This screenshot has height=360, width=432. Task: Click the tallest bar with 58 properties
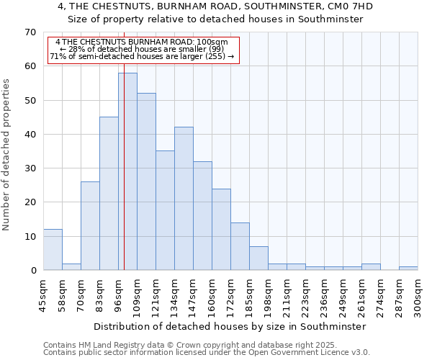coord(127,171)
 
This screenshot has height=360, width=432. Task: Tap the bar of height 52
coord(146,181)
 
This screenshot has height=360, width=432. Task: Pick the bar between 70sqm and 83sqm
coord(90,226)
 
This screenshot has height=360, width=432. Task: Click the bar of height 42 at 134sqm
coord(184,199)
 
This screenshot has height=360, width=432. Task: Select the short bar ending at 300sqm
coord(408,269)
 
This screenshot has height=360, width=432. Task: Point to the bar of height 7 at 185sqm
coord(258,258)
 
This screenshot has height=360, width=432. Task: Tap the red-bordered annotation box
coord(143,50)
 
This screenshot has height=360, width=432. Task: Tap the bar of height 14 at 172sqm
coord(240,246)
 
